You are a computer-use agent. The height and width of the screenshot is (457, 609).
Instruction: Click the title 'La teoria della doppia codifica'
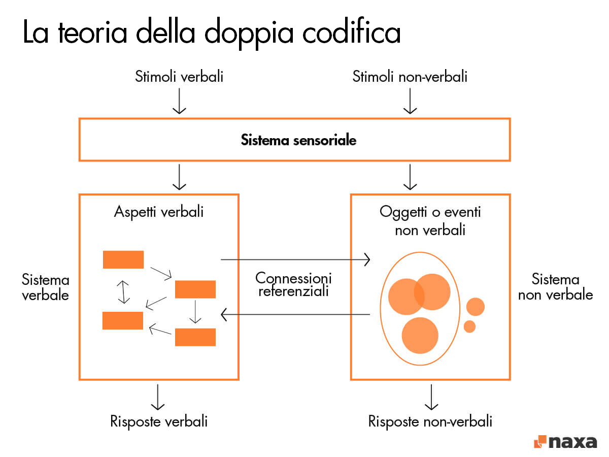pos(212,32)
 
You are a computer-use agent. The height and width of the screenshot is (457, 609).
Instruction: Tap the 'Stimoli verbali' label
pos(179,77)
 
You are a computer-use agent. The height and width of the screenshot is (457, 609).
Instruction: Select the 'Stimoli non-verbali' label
pos(410,77)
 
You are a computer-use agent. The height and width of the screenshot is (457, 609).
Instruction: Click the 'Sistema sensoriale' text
pos(298,140)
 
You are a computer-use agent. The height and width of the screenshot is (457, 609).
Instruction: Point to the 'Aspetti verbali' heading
pos(159,211)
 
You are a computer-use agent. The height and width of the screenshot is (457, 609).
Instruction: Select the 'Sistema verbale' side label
pos(46,287)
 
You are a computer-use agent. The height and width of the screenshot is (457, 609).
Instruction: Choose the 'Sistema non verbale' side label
pos(555,287)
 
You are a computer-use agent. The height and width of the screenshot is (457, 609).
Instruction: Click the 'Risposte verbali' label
pos(159,421)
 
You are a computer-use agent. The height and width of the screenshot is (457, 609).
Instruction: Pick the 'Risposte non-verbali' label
pos(430,421)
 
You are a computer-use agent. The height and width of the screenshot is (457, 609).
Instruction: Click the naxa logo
pos(565,441)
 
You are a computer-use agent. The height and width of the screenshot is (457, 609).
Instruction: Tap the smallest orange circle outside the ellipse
pos(469,327)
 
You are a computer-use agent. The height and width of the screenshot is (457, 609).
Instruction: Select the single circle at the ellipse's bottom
pos(420,335)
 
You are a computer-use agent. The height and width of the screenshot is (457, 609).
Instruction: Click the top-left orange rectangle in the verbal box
pos(123,259)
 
